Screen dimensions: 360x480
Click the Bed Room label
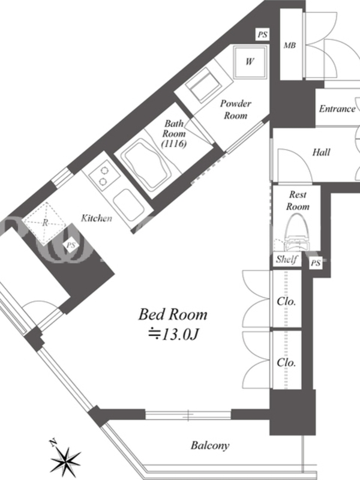tap(173, 314)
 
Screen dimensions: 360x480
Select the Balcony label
tap(210, 445)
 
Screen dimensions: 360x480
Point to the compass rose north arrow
tap(65, 459)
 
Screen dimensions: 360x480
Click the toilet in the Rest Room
tap(296, 232)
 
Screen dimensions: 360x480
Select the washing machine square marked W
tap(250, 62)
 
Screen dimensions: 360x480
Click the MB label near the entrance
tap(290, 46)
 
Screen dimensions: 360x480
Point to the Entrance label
tap(337, 109)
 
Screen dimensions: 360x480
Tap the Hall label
tap(321, 152)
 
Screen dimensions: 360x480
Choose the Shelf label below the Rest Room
tap(287, 259)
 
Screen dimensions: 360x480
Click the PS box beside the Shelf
tap(316, 263)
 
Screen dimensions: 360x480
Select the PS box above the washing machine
tap(262, 34)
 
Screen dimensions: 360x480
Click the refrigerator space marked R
tap(44, 223)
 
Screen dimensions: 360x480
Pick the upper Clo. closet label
tap(286, 302)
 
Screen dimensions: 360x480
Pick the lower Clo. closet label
tap(286, 362)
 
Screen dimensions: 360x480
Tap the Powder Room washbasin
tap(203, 84)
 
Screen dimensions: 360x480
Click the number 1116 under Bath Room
tap(175, 143)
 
